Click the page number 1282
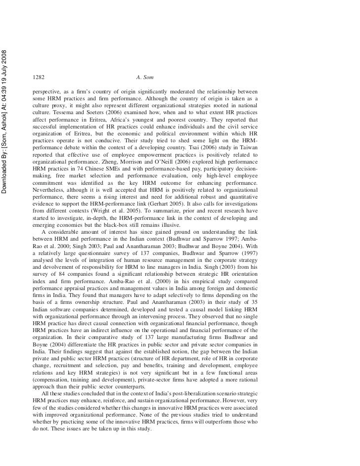(x=38, y=78)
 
